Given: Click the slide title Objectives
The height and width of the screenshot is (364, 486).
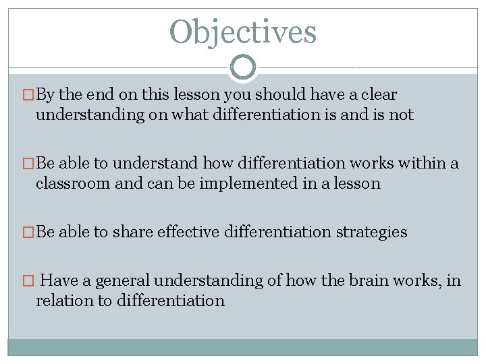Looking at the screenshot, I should [242, 32].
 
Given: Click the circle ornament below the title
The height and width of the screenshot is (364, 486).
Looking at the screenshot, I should [243, 67].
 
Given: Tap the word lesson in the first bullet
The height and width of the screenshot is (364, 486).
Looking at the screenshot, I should [195, 94].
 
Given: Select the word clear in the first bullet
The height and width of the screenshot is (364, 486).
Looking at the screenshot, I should [379, 94].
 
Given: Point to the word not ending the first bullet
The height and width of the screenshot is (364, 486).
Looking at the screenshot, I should [401, 115].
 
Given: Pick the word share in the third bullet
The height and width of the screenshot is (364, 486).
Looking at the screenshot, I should [132, 232].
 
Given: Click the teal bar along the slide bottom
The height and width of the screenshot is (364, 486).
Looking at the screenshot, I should [242, 346].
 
